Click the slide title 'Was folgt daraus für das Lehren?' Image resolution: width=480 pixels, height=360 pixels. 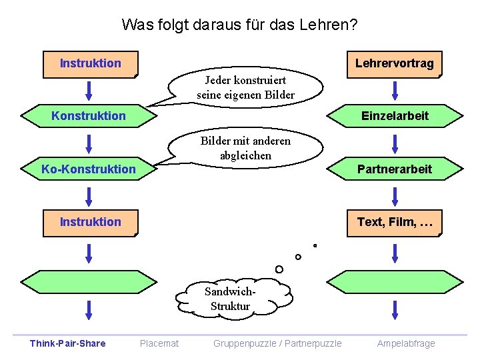[239, 25]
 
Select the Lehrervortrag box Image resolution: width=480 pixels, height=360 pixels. [394, 64]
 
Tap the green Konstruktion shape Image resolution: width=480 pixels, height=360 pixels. [89, 116]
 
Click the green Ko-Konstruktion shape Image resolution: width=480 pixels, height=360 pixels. [89, 169]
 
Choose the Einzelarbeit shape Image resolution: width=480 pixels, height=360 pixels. [395, 116]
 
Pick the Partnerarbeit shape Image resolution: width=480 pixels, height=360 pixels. [395, 169]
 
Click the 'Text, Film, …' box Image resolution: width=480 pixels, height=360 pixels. [395, 222]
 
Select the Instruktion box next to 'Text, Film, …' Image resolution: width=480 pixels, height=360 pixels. [91, 222]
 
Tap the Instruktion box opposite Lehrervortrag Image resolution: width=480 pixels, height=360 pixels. [91, 64]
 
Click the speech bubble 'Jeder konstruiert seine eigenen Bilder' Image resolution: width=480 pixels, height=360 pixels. [245, 87]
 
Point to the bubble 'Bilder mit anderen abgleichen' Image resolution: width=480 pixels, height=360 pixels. [245, 148]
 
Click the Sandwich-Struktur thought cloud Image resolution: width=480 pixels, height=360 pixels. [230, 299]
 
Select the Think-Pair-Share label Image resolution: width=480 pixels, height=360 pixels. [67, 343]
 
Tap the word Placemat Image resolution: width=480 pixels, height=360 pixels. [159, 343]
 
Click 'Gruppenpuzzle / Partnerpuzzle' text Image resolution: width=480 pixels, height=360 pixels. [277, 343]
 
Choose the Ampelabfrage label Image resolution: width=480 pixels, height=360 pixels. [405, 343]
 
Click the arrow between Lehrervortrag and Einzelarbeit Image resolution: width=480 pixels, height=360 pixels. [395, 90]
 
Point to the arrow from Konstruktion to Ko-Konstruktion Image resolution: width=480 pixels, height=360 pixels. [89, 143]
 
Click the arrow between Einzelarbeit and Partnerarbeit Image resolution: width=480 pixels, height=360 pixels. [395, 143]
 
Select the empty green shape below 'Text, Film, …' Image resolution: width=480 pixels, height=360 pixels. [395, 281]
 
